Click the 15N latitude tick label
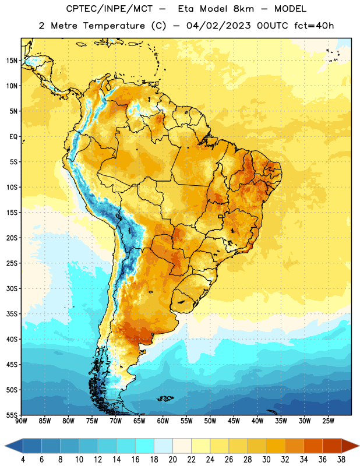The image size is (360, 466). coord(12,61)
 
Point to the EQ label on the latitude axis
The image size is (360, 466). coord(13,137)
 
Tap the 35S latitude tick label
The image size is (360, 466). coord(12,314)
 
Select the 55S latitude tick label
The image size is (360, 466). coord(12,415)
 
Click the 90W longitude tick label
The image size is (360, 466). coord(21,421)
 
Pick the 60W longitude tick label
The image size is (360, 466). coord(163,421)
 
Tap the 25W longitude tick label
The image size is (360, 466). coord(328,421)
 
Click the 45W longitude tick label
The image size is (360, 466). coord(234,421)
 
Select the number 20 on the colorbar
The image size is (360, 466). coord(172,460)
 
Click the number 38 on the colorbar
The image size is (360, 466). coord(341,460)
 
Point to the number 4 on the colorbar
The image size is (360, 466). coord(23,460)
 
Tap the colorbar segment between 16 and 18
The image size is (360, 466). coord(144,446)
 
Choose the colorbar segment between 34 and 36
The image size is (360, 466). coord(313,446)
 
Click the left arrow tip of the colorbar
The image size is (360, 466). coord(5,446)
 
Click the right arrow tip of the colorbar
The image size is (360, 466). coord(359,446)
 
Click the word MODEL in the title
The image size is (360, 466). coord(290,9)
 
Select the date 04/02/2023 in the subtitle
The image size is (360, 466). coord(219,26)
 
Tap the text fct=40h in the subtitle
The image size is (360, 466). coord(314,26)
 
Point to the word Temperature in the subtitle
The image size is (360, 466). coord(114,26)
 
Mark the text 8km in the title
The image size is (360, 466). coord(243,9)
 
